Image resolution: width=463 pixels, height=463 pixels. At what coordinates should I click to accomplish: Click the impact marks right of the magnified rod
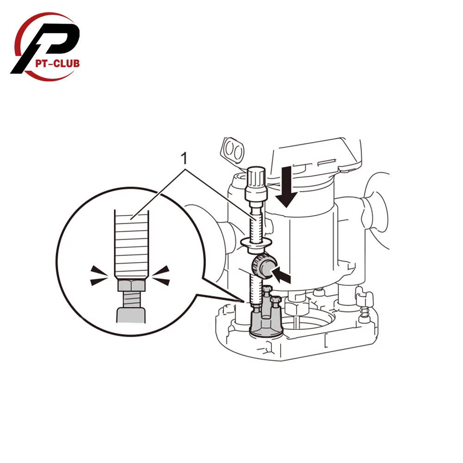point(162,274)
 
